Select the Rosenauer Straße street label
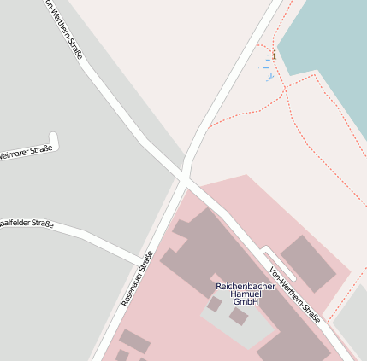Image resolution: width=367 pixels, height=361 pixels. pos(137,279)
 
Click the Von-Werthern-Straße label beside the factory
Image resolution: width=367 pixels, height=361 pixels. pos(295,295)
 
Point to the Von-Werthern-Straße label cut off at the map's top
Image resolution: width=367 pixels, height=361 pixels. pos(63,29)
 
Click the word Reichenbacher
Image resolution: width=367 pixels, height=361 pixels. pos(246,286)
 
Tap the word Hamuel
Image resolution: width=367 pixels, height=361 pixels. pos(246,294)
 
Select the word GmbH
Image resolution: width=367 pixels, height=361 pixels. pos(246,302)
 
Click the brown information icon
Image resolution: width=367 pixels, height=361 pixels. pos(274,55)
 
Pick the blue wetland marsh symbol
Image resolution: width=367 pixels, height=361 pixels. pos(269,77)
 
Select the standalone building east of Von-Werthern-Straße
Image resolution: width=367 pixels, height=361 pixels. pos(309,263)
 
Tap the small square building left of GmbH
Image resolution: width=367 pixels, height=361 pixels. pos(214,303)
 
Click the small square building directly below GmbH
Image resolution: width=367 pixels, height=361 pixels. pos(239,317)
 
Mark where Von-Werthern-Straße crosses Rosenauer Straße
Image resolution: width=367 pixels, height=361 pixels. pos(185,178)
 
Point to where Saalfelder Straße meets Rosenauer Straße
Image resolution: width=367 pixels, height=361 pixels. pos(141,260)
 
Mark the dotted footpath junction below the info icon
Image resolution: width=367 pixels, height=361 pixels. pos(285,87)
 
